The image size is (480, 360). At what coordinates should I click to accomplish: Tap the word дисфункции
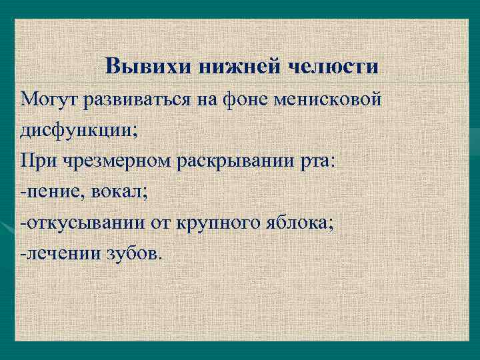coord(78,129)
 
